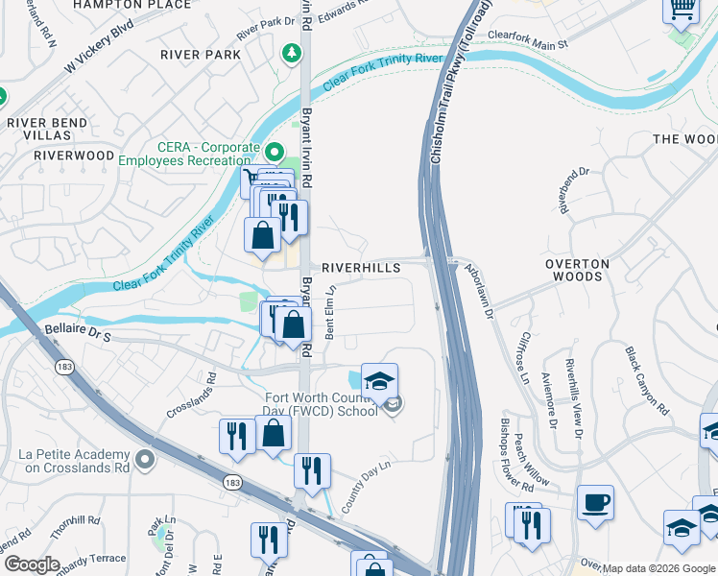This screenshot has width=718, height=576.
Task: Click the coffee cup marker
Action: click(x=595, y=501)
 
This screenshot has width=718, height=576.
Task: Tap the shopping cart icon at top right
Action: click(x=681, y=9)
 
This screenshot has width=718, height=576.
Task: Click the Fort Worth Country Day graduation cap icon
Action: click(x=379, y=379)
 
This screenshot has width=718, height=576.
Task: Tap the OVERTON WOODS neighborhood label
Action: click(x=576, y=270)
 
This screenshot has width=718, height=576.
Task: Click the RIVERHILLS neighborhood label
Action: click(x=360, y=269)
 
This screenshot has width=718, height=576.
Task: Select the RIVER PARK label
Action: click(x=202, y=55)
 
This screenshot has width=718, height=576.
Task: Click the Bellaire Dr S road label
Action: click(x=79, y=333)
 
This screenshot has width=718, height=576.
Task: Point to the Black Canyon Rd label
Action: click(x=645, y=380)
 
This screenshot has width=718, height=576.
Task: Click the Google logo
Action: click(x=32, y=564)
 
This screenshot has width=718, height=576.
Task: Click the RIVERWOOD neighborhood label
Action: click(x=74, y=155)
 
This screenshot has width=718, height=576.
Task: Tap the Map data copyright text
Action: click(x=658, y=568)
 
